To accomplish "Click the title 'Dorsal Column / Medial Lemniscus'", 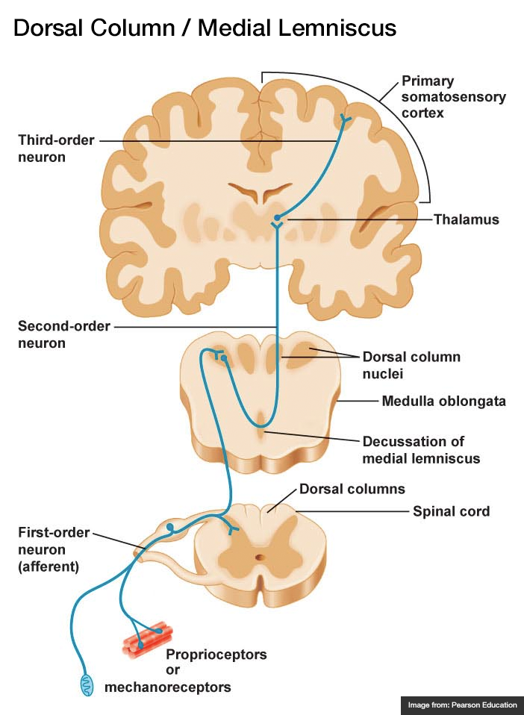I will pyautogui.click(x=205, y=28).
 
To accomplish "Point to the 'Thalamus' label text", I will pyautogui.click(x=467, y=219).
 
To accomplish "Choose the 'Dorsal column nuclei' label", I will pyautogui.click(x=411, y=363).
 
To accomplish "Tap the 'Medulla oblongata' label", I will pyautogui.click(x=443, y=402).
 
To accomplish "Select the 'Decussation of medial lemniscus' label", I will pyautogui.click(x=420, y=449).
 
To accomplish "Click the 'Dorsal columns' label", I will pyautogui.click(x=352, y=490).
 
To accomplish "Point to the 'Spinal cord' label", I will pyautogui.click(x=451, y=511).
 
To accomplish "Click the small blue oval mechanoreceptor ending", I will pyautogui.click(x=87, y=684).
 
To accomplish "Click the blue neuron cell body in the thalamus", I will pyautogui.click(x=277, y=218).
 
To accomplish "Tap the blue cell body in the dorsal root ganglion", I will pyautogui.click(x=170, y=528).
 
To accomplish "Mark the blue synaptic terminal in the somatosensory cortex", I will pyautogui.click(x=346, y=118).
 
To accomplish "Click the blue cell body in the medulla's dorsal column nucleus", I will pyautogui.click(x=224, y=359).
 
